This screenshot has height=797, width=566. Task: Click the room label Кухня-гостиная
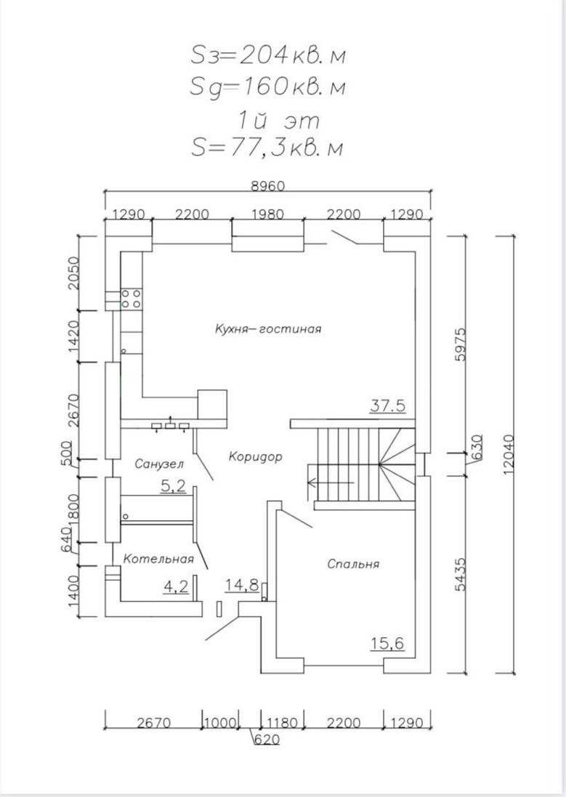pos(267,328)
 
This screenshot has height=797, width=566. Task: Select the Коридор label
pos(254,457)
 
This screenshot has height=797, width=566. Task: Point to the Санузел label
pos(159,464)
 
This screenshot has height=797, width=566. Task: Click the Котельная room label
pos(158,559)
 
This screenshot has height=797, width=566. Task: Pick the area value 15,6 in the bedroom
pos(387,643)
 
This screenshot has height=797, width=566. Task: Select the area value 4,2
pos(176,585)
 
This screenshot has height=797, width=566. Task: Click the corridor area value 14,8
pos(242,585)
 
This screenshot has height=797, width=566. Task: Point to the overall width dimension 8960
pos(267,186)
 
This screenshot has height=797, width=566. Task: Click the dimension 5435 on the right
pos(458,575)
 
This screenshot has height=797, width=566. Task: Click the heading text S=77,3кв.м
pos(267,147)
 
